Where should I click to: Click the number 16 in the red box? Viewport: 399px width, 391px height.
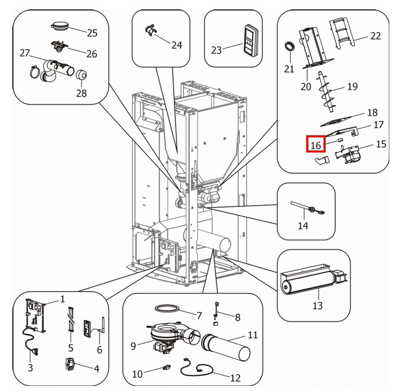point(316,145)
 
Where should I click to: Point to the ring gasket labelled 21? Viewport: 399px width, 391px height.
point(289,46)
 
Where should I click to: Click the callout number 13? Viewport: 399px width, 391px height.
point(317,305)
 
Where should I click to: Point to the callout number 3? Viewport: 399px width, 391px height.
point(30,368)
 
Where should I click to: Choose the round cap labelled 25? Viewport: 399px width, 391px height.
point(62,25)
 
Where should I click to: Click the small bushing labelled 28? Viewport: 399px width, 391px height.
point(81,76)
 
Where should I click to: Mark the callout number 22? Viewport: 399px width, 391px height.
point(375,36)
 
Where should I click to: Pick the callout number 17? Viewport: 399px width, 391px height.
point(378,125)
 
